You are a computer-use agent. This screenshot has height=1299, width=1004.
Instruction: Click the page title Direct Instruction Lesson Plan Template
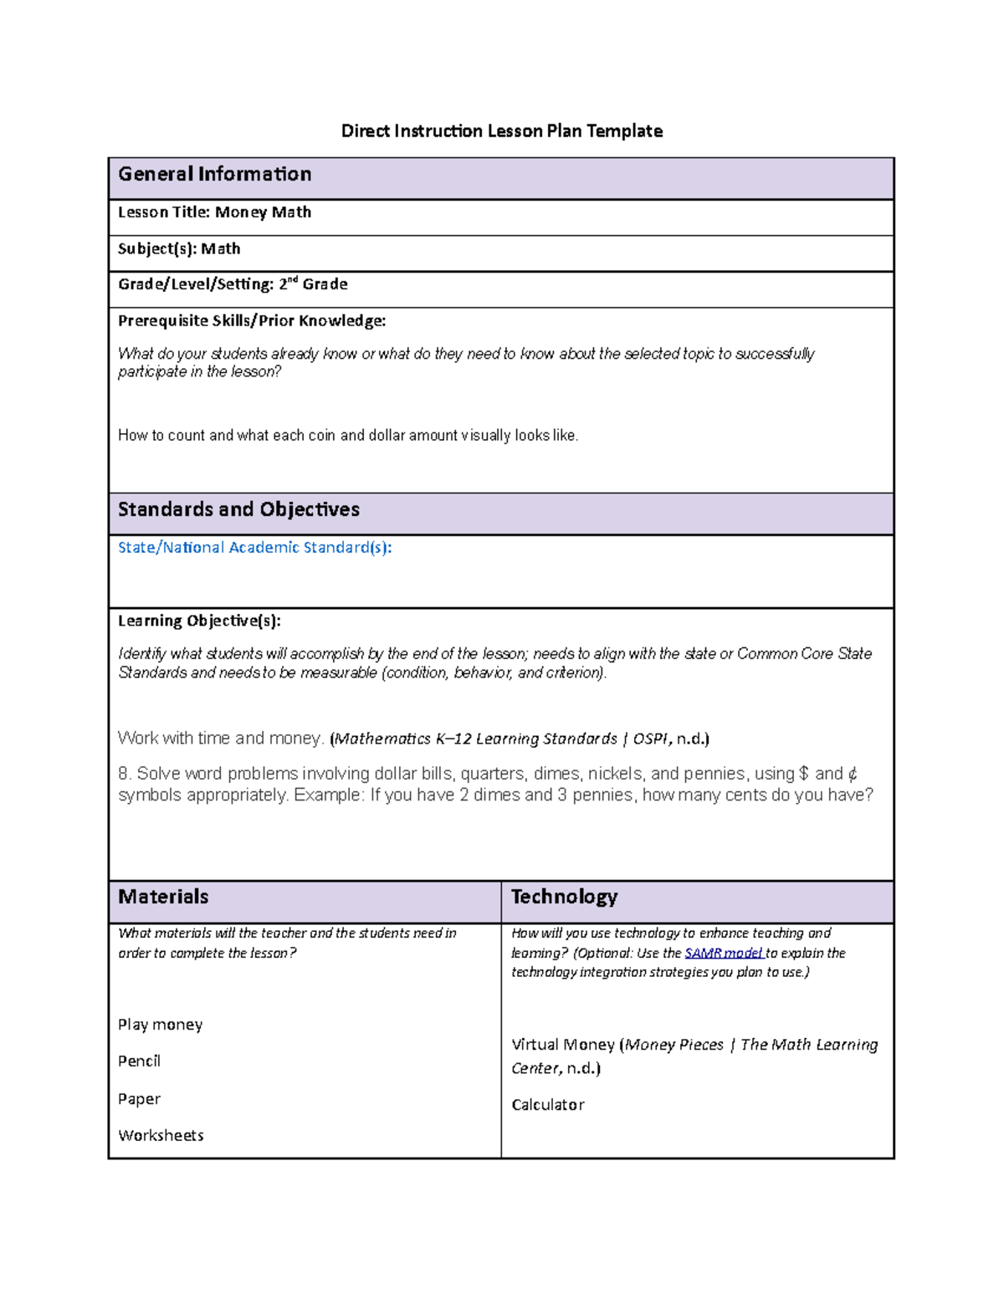(x=501, y=130)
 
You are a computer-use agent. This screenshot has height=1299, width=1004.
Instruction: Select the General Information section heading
(x=214, y=174)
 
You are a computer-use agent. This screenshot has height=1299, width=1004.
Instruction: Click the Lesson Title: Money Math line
(x=214, y=212)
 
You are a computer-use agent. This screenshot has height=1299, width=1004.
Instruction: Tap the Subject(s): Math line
(x=179, y=248)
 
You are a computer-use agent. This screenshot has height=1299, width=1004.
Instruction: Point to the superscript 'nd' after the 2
(x=294, y=279)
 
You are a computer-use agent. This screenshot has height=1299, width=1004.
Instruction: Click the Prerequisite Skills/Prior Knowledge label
(x=252, y=320)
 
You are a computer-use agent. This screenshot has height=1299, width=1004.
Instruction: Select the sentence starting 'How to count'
(x=348, y=435)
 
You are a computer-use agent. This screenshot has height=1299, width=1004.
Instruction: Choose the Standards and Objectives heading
(x=238, y=509)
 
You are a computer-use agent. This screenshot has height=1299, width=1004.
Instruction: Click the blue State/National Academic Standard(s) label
(x=254, y=548)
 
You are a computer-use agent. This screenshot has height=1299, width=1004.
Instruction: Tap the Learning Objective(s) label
(x=199, y=621)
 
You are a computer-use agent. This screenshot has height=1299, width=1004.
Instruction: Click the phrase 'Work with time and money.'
(x=221, y=738)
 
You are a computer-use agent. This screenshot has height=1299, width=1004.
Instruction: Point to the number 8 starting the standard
(x=123, y=774)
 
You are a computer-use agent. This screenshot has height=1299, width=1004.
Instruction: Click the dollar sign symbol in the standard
(x=804, y=774)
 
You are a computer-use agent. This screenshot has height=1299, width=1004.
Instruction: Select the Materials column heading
(x=163, y=897)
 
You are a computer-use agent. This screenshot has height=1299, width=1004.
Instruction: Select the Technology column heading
(x=564, y=897)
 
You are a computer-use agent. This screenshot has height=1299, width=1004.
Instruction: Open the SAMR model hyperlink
(x=723, y=953)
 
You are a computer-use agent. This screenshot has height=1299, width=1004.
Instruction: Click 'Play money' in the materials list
(x=160, y=1025)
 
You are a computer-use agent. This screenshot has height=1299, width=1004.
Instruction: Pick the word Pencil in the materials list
(x=139, y=1061)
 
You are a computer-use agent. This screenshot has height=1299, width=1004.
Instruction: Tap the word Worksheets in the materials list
(x=161, y=1135)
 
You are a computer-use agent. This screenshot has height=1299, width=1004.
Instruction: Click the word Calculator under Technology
(x=547, y=1104)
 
